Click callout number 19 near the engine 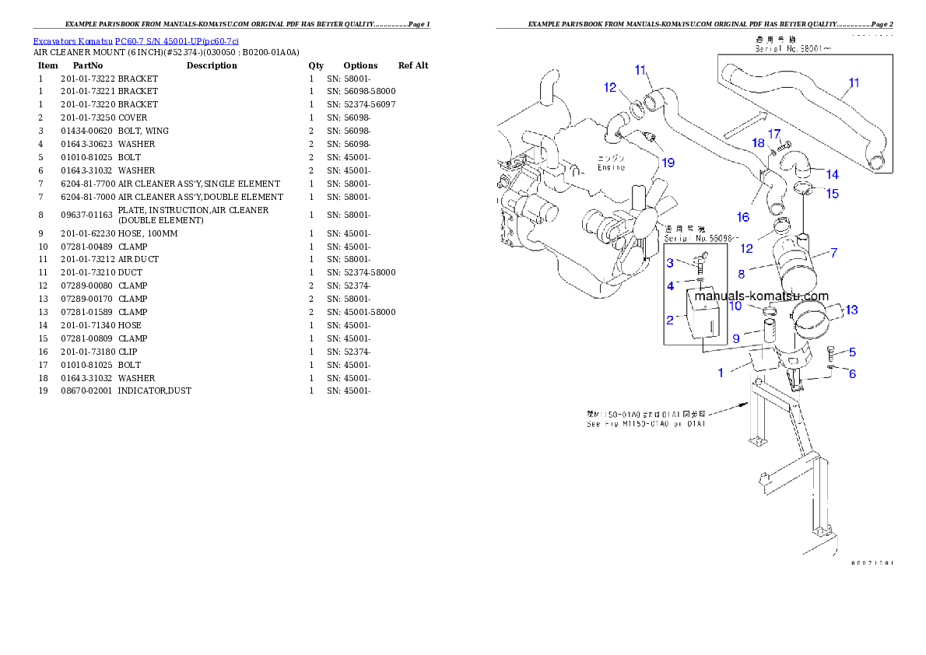coord(668,163)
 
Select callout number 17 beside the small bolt coord(774,134)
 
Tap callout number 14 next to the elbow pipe coord(832,174)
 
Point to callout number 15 coord(833,193)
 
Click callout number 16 coord(742,216)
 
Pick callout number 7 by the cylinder coord(833,252)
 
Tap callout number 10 coord(735,306)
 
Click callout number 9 coord(736,338)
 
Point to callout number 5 coord(852,352)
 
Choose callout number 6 coord(852,374)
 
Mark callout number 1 coord(721,373)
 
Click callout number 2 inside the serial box coord(670,319)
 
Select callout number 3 coord(670,263)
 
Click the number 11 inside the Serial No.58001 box coord(854,82)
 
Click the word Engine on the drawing coord(611,166)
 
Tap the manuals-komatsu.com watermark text coord(761,296)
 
